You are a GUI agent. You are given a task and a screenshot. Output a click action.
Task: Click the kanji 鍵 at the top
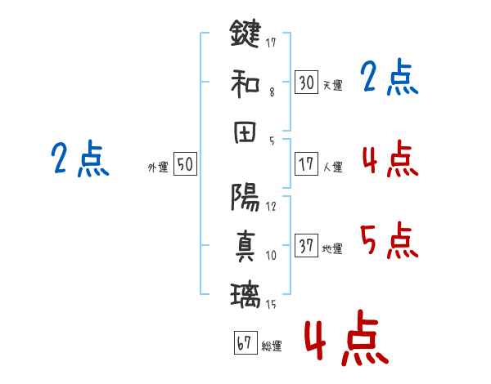(x=245, y=35)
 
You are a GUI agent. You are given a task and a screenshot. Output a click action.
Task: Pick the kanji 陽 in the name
(x=245, y=197)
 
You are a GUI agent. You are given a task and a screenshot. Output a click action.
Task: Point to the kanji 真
(x=245, y=245)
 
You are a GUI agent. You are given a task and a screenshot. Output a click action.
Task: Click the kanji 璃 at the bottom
(x=245, y=293)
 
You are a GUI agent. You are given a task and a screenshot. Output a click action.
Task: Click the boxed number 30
(x=306, y=82)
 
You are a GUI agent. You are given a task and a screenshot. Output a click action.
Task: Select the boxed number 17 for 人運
(x=306, y=164)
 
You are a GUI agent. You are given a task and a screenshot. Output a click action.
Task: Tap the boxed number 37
(x=306, y=245)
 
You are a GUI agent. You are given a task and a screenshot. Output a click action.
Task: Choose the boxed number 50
(x=185, y=164)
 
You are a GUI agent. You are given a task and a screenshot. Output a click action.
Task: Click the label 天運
(x=332, y=85)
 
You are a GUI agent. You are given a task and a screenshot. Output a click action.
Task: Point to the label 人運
(x=332, y=167)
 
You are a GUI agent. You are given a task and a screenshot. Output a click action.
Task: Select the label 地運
(x=332, y=248)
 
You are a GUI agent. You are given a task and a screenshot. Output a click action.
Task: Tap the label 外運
(x=158, y=167)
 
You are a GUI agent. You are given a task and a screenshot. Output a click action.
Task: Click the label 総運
(x=272, y=346)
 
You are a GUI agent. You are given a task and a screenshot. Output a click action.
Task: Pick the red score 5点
(x=389, y=241)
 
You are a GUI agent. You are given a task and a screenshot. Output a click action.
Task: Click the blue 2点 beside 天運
(x=389, y=78)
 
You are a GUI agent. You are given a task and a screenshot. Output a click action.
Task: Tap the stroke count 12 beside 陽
(x=272, y=207)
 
